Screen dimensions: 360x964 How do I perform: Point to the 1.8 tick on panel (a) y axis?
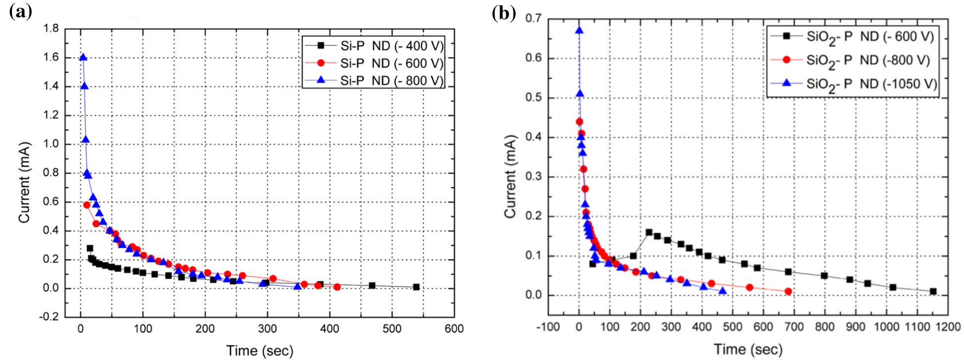pyautogui.click(x=51, y=29)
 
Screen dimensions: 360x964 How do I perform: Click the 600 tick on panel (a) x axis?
pyautogui.click(x=454, y=329)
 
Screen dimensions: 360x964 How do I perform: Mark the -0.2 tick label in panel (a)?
pyautogui.click(x=50, y=317)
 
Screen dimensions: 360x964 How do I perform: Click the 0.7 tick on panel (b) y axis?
pyautogui.click(x=533, y=18)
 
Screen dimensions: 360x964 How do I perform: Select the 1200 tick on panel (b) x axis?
pyautogui.click(x=947, y=327)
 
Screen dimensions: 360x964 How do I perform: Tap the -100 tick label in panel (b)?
pyautogui.click(x=548, y=327)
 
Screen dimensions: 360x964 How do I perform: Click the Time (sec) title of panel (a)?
pyautogui.click(x=259, y=351)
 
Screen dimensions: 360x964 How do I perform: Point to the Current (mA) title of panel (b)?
pyautogui.click(x=510, y=176)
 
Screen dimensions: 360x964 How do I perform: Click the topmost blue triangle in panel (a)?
pyautogui.click(x=83, y=57)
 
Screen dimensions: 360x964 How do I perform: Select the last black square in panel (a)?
pyautogui.click(x=416, y=287)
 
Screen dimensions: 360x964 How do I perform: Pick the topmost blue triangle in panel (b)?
pyautogui.click(x=579, y=31)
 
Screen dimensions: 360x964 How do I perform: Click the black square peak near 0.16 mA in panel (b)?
pyautogui.click(x=649, y=232)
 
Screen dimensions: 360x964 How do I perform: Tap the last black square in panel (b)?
pyautogui.click(x=933, y=291)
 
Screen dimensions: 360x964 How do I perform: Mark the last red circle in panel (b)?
pyautogui.click(x=788, y=291)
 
